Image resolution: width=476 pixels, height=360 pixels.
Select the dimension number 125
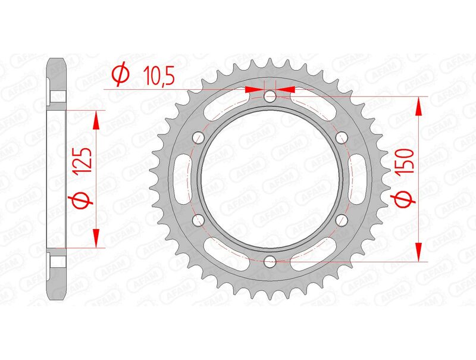click(83, 162)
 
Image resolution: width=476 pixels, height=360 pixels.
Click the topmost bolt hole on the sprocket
click(270, 96)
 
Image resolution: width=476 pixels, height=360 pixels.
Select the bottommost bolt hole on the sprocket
click(270, 261)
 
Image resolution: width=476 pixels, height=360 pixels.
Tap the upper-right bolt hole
click(342, 137)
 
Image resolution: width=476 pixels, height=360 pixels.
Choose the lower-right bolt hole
click(342, 220)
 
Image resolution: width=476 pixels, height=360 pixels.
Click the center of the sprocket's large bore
click(270, 179)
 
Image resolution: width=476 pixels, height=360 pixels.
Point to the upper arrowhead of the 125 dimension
click(95, 119)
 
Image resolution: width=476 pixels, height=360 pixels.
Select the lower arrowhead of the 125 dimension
click(95, 238)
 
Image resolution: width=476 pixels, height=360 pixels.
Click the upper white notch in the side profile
click(58, 96)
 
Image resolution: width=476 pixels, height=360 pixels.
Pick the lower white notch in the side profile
click(58, 261)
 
